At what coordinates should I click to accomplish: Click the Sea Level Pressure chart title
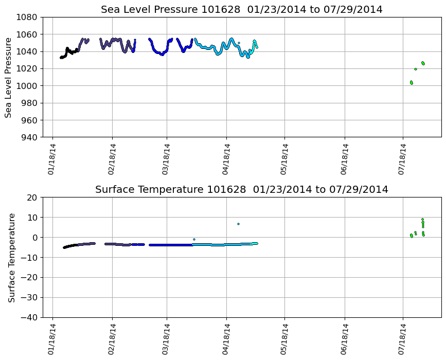click(241, 10)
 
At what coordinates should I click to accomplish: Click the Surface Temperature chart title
click(241, 190)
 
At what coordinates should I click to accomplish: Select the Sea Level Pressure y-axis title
click(8, 77)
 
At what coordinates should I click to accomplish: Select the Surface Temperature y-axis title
click(11, 257)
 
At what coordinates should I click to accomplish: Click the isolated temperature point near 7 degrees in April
click(238, 224)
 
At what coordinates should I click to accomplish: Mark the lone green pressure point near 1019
click(415, 69)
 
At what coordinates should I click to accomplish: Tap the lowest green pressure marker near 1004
click(412, 83)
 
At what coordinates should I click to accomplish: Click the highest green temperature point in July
click(422, 219)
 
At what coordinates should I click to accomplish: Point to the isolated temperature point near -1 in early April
click(194, 239)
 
